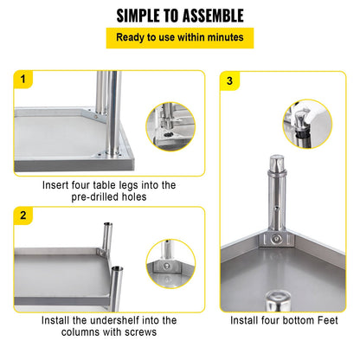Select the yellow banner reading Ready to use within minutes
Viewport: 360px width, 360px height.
[x=180, y=37]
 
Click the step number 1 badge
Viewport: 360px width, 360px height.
[x=22, y=80]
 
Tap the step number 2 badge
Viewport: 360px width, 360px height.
[x=22, y=215]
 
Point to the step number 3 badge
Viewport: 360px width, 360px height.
[x=228, y=80]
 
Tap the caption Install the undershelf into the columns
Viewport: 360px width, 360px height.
[x=109, y=325]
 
